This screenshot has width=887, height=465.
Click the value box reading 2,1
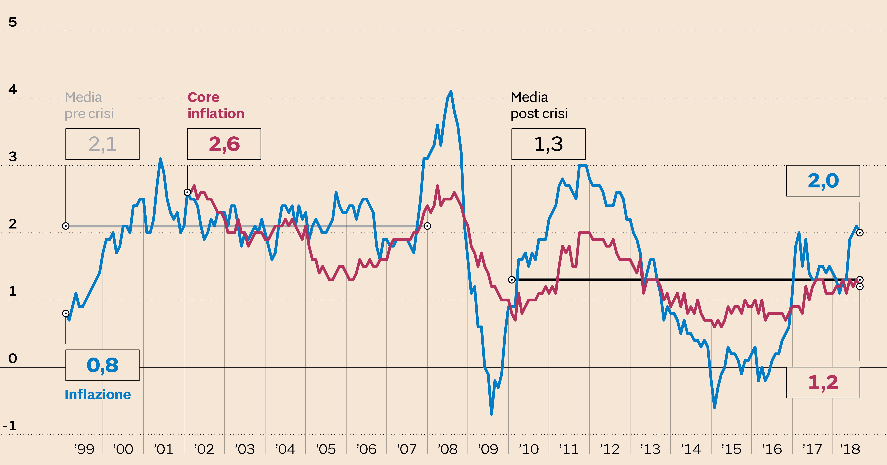point(102,144)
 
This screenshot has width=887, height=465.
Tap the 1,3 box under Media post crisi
point(548,144)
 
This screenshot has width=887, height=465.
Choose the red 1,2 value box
point(823,382)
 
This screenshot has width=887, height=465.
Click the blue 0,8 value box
point(102,365)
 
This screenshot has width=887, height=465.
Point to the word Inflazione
point(98,395)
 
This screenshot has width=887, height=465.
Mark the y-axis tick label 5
point(13,22)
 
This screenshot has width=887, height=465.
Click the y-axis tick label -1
point(10,426)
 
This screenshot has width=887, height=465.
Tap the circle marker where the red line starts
point(187,192)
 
